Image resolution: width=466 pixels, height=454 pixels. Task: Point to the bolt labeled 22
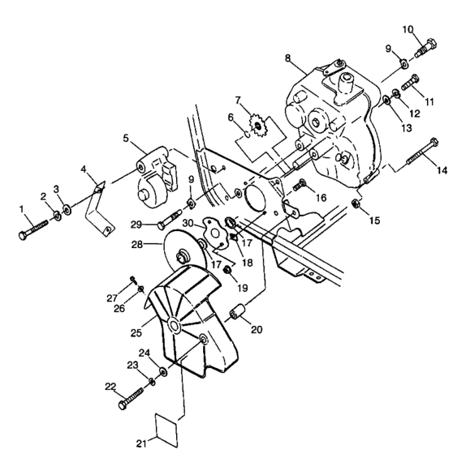pyautogui.click(x=131, y=397)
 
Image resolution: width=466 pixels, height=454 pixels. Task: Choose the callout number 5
pyautogui.click(x=126, y=137)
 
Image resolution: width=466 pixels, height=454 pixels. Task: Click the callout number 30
pyautogui.click(x=188, y=223)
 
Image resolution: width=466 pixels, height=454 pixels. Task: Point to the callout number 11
pyautogui.click(x=431, y=103)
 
